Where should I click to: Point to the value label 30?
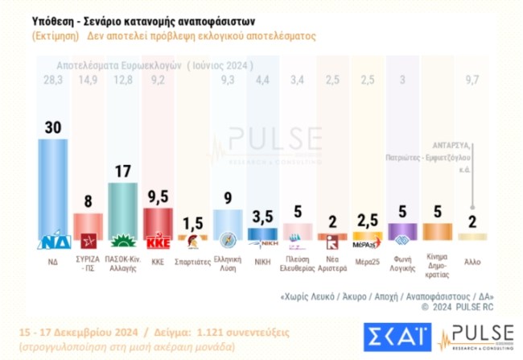[53, 126]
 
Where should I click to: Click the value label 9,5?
[158, 196]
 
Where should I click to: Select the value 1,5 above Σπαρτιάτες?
[192, 222]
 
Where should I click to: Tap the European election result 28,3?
[53, 79]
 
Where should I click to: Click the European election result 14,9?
[88, 79]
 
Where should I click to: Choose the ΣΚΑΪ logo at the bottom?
[395, 335]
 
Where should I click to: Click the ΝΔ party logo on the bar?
[53, 241]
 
